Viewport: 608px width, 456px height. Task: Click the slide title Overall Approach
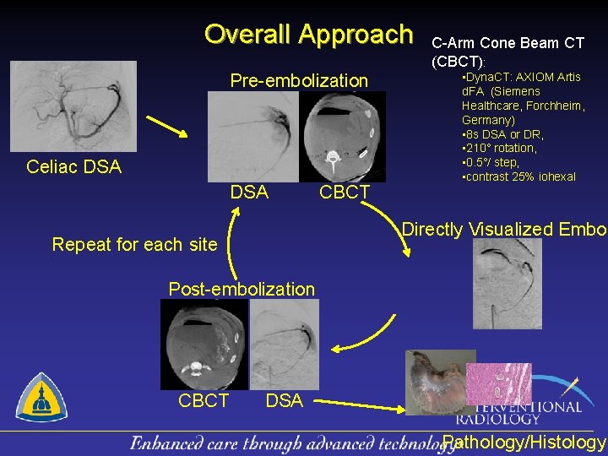pos(308,34)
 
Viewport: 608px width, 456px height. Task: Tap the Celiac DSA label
pos(73,167)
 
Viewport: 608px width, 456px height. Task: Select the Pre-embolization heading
pos(299,81)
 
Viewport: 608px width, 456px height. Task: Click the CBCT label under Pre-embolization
pos(344,193)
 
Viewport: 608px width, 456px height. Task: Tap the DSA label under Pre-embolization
pos(249,193)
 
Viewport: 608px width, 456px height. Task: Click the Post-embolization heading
pos(242,289)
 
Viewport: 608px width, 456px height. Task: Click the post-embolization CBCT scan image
pos(204,344)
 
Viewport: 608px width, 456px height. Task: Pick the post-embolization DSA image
pos(285,344)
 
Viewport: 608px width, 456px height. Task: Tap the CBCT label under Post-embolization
pos(203,400)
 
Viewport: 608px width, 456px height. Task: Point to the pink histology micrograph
pos(499,383)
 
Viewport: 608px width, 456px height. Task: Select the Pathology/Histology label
pos(524,442)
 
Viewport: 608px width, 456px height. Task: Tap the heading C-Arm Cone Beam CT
pos(508,43)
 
